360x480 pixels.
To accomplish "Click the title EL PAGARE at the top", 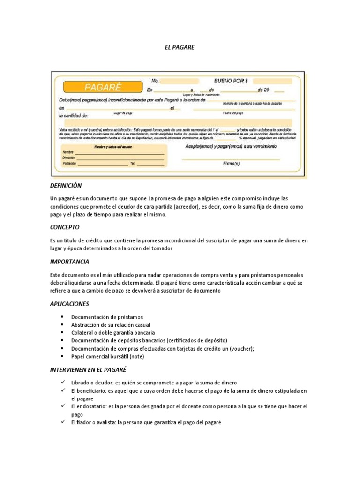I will pos(180,47).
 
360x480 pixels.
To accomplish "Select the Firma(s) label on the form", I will pos(231,164).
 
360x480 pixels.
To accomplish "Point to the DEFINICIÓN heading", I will pos(66,186).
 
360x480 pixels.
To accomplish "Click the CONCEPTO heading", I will pos(65,227).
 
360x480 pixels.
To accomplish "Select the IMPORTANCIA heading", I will pos(69,262).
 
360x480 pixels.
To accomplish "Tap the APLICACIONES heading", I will pos(69,304).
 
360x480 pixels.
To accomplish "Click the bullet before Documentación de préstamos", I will pos(61,317).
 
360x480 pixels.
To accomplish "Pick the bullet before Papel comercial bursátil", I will pos(61,356).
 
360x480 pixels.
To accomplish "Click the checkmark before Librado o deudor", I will pos(61,382).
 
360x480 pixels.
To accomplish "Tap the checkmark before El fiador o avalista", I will pos(61,422).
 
